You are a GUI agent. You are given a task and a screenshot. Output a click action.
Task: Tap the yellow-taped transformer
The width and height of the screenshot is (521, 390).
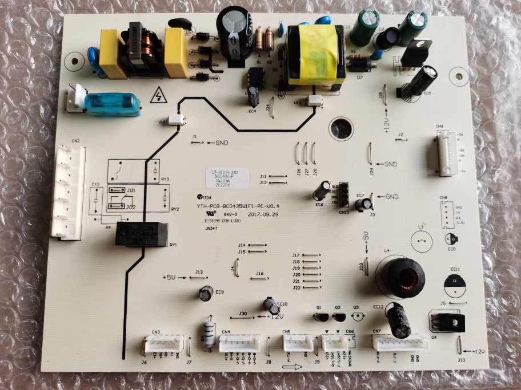click(315, 55)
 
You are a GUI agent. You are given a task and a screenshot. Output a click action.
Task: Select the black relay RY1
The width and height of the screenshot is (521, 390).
click(142, 234)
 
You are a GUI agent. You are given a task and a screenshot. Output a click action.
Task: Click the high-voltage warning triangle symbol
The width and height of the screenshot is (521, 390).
click(157, 96)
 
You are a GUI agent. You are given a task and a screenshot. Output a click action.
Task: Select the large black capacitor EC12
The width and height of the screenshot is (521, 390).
click(398, 320)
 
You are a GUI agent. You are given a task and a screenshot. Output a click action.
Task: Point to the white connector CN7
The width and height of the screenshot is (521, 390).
click(400, 343)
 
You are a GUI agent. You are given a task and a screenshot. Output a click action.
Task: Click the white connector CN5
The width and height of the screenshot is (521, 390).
click(298, 342)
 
